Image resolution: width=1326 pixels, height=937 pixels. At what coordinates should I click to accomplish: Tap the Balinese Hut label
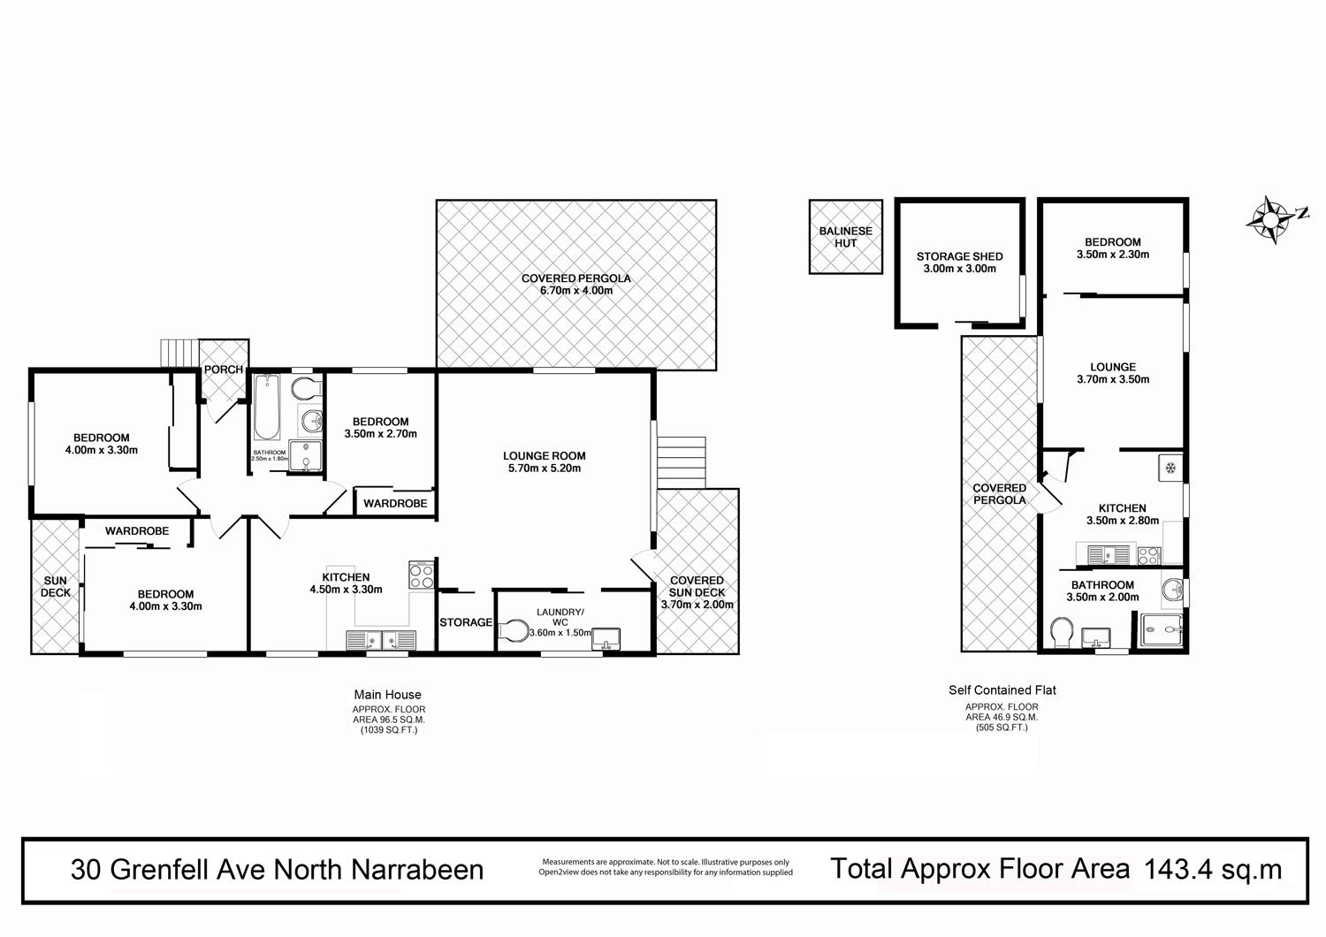point(845,237)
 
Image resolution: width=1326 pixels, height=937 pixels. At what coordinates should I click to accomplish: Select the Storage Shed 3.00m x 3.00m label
point(959,263)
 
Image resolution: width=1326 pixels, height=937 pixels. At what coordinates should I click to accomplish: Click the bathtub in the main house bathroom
point(267,408)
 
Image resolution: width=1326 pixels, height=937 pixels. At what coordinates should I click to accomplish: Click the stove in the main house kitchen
point(422,575)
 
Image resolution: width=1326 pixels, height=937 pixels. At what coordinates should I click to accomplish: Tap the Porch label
point(223,369)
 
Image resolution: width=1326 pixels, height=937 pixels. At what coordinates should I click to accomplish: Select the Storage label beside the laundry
point(466,622)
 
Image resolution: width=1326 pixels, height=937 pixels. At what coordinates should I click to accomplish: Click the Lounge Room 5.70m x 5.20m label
point(545,462)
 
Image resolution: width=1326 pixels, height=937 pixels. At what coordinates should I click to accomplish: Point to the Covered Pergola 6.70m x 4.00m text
point(575,284)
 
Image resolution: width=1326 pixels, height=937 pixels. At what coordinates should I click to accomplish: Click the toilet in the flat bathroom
point(1062,632)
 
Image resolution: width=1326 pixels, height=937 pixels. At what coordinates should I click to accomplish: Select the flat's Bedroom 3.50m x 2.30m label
point(1112,248)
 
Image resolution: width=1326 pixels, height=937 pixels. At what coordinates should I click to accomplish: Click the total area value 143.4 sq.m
point(1213,869)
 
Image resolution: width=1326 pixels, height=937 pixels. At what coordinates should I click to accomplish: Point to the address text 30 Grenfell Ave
point(277,870)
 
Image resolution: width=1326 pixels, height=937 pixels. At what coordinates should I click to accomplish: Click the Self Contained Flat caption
point(1002,690)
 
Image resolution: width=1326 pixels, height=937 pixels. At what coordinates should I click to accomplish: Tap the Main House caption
point(387,695)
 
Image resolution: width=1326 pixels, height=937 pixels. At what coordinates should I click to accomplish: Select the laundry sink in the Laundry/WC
point(606,637)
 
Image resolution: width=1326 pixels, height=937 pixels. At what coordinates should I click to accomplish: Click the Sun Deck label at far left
point(56,587)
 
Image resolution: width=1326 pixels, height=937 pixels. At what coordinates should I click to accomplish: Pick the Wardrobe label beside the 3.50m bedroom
point(395,504)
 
